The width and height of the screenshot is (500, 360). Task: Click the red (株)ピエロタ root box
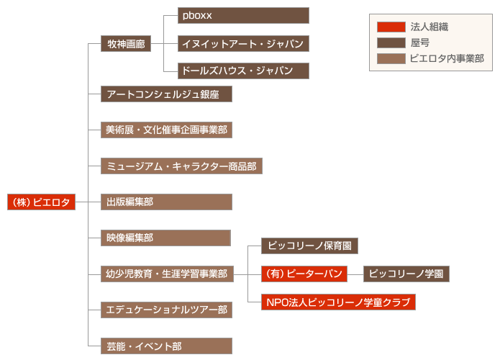click(x=41, y=202)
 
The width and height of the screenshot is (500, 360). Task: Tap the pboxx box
click(x=243, y=15)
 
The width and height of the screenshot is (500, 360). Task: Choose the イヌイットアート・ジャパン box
click(x=243, y=44)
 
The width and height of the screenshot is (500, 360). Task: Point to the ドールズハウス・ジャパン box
click(x=243, y=71)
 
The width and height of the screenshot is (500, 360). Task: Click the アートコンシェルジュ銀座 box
click(x=166, y=94)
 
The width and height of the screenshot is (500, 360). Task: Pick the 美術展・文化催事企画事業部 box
click(x=166, y=130)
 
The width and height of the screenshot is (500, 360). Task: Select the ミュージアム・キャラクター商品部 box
click(x=181, y=166)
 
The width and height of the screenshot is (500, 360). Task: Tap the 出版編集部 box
click(x=166, y=202)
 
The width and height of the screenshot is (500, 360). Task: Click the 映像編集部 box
click(x=165, y=238)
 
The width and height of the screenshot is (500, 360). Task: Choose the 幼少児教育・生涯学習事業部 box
click(x=166, y=274)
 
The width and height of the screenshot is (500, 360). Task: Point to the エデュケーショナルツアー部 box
click(x=166, y=310)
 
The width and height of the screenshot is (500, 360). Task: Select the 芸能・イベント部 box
click(x=166, y=346)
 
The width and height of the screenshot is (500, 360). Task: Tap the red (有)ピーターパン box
click(x=304, y=274)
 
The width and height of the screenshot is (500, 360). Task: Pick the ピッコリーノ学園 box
click(x=406, y=274)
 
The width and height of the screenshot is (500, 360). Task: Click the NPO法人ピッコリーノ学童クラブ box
click(x=338, y=302)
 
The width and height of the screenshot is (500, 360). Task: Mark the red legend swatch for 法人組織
click(x=391, y=27)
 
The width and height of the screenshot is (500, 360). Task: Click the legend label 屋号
click(x=419, y=42)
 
